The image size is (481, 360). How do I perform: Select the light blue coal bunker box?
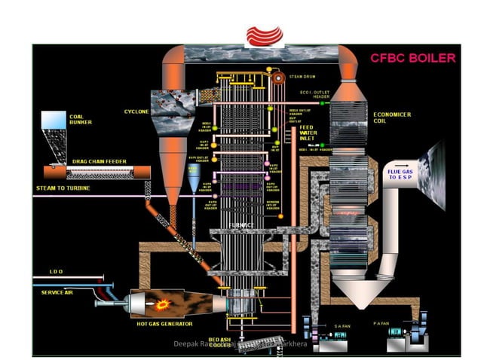(x=53, y=120)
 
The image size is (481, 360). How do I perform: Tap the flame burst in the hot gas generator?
(x=161, y=305)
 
